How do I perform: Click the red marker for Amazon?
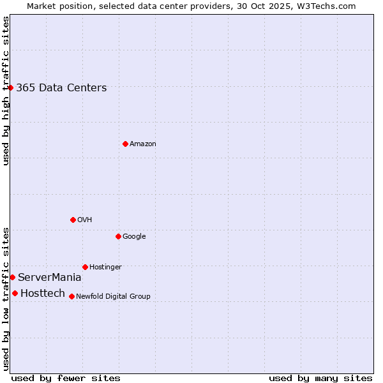[x=125, y=144]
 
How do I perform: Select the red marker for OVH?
[x=73, y=220]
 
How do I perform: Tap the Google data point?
[x=118, y=236]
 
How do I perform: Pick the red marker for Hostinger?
[x=85, y=267]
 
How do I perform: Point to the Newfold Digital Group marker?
[x=71, y=296]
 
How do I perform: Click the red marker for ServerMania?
[x=12, y=277]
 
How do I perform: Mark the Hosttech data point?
[x=15, y=293]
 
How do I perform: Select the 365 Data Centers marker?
[x=11, y=87]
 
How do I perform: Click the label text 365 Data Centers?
[x=61, y=88]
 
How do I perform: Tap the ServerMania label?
[x=50, y=278]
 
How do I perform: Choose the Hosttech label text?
[x=43, y=294]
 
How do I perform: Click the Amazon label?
[x=143, y=144]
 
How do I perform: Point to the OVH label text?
[x=85, y=220]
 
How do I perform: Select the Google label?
[x=134, y=237]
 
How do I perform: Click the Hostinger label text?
[x=105, y=267]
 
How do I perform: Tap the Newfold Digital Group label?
[x=113, y=297]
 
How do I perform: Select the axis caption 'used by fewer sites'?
[x=66, y=378]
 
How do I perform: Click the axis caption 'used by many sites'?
[x=320, y=378]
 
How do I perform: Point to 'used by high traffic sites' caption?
[x=6, y=91]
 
